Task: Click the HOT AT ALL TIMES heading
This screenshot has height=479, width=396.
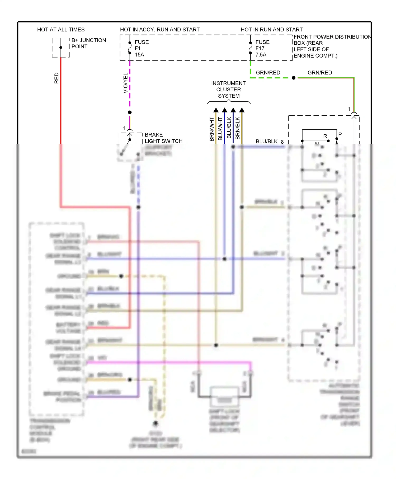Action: tap(61, 30)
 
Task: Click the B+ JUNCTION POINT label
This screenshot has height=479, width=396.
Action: tap(88, 43)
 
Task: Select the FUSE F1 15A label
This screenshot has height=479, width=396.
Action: tap(142, 48)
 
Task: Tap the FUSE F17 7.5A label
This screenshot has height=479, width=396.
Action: tap(262, 48)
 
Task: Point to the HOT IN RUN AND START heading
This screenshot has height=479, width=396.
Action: tap(271, 30)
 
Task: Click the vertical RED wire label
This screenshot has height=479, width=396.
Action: tap(56, 78)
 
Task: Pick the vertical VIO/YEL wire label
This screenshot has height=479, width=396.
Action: tap(125, 83)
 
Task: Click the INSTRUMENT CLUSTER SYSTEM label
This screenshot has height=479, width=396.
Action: tap(228, 90)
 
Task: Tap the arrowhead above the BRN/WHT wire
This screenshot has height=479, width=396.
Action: tap(216, 110)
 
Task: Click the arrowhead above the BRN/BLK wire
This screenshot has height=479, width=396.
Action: tap(242, 110)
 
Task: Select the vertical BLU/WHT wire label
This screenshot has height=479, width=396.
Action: tap(220, 129)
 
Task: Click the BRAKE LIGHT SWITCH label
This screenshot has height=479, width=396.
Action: tap(163, 138)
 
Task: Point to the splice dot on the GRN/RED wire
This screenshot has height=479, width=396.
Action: tap(294, 78)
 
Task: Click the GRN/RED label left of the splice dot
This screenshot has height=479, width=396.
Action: tap(268, 73)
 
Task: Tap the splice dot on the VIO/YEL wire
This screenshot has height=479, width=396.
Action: tap(130, 112)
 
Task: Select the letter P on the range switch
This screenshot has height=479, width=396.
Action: tap(340, 134)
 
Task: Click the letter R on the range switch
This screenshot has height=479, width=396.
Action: tap(325, 136)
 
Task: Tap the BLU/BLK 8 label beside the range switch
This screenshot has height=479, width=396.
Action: tap(269, 142)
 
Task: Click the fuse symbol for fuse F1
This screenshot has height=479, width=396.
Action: tap(130, 48)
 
